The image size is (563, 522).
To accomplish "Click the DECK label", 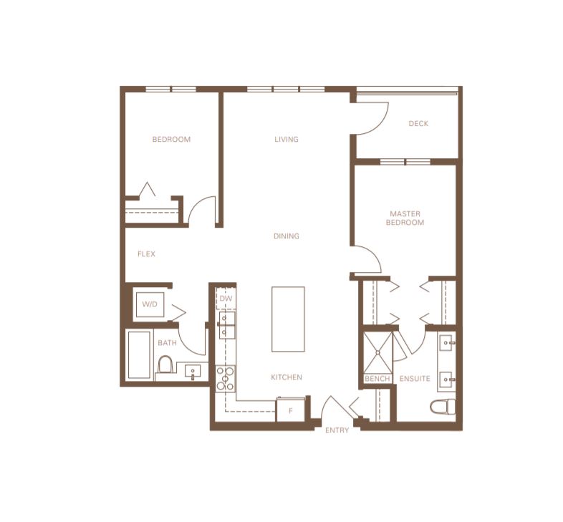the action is pyautogui.click(x=418, y=123).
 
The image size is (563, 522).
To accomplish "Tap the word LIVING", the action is pyautogui.click(x=287, y=140).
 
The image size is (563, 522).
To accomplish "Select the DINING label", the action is pyautogui.click(x=287, y=236).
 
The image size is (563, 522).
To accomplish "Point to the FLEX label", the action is pyautogui.click(x=146, y=253).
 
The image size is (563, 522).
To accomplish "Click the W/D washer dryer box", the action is pyautogui.click(x=150, y=304).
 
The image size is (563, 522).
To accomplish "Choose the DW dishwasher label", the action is pyautogui.click(x=226, y=299).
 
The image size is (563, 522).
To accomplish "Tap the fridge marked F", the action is pyautogui.click(x=291, y=410).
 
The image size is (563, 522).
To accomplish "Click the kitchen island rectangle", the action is pyautogui.click(x=288, y=319).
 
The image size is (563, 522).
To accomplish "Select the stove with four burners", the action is pyautogui.click(x=225, y=378).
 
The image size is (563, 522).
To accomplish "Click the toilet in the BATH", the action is pyautogui.click(x=165, y=365).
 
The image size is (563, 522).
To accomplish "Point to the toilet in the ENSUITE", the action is pyautogui.click(x=443, y=407).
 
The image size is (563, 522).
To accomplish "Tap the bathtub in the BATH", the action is pyautogui.click(x=139, y=354).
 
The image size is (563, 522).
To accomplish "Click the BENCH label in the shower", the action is pyautogui.click(x=377, y=378).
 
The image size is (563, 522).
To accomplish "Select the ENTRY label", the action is pyautogui.click(x=337, y=430).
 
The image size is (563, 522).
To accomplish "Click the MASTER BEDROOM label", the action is pyautogui.click(x=405, y=218).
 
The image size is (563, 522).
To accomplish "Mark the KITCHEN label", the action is pyautogui.click(x=287, y=377).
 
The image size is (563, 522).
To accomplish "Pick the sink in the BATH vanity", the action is pyautogui.click(x=193, y=371).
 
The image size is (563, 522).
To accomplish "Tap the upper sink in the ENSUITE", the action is pyautogui.click(x=447, y=342).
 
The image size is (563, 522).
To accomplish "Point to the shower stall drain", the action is pyautogui.click(x=377, y=353).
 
